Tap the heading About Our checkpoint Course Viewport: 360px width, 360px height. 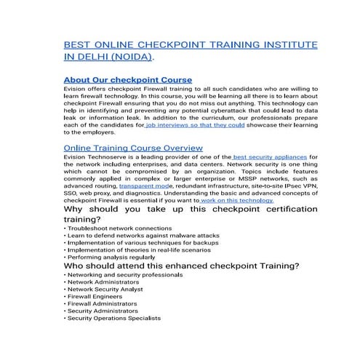(128, 79)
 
